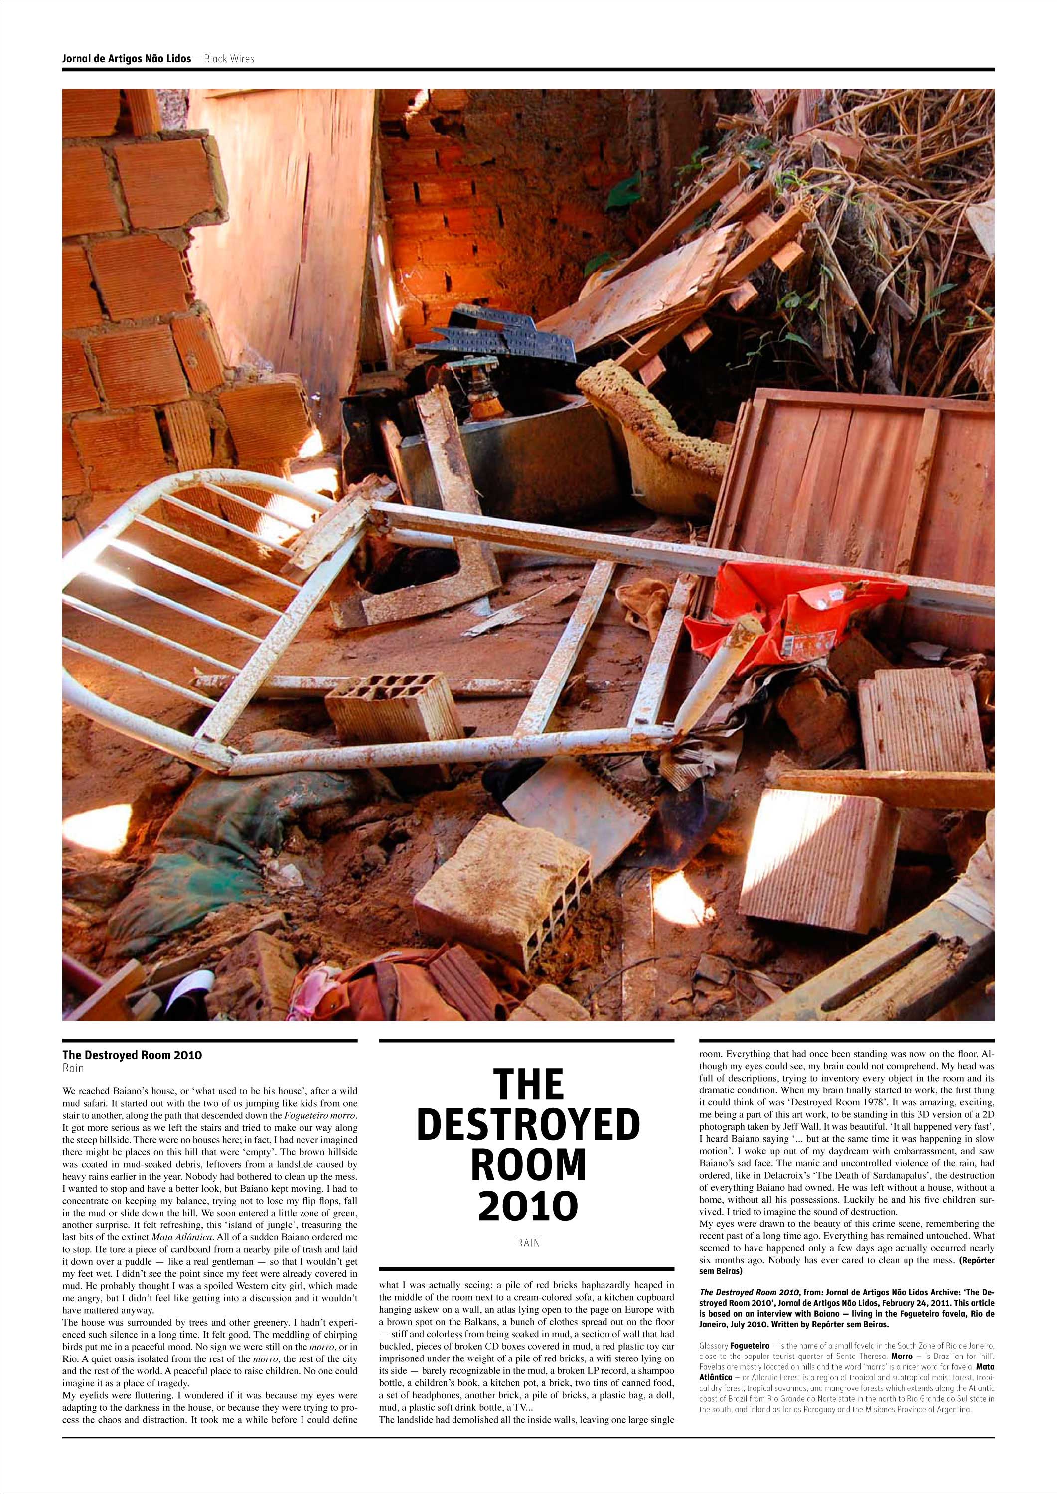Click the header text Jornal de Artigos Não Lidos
126,59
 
